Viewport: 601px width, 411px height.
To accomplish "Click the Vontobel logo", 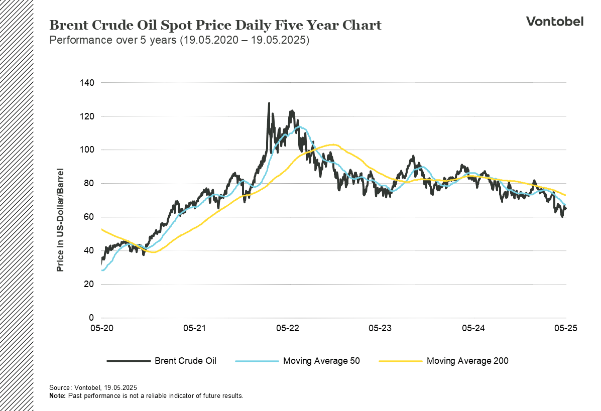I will point(554,21).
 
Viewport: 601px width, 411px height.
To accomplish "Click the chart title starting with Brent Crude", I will point(215,26).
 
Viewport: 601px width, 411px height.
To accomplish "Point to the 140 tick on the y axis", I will point(87,82).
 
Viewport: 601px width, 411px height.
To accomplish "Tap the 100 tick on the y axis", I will point(87,150).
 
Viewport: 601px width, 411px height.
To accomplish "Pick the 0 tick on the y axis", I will point(91,318).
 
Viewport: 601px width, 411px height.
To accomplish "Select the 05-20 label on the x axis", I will point(101,329).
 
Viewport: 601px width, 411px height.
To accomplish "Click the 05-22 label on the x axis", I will point(287,329).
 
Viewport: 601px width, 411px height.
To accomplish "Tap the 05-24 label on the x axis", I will point(473,329).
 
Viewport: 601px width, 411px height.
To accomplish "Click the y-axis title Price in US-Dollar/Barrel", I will point(60,220).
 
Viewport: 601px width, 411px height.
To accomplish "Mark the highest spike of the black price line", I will point(269,103).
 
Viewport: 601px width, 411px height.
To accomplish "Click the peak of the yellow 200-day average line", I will point(333,145).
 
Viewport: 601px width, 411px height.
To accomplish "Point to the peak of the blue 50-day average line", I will point(300,126).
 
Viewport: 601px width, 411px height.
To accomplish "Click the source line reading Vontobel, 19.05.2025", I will point(93,388).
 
